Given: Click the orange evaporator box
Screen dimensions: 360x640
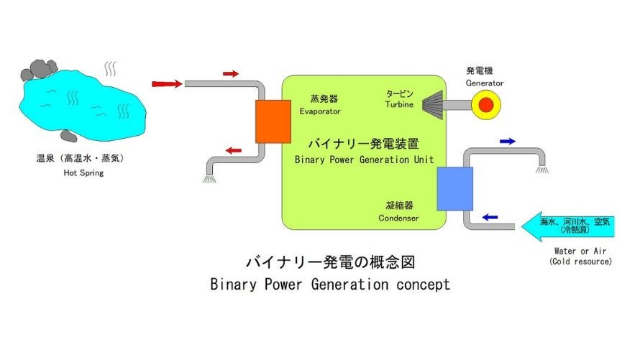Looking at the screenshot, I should [273, 121].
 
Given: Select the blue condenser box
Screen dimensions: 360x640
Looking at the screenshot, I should [454, 188].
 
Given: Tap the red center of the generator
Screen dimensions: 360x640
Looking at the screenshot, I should [487, 106].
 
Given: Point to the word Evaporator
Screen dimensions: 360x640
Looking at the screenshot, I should [320, 112].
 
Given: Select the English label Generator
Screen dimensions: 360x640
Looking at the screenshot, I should [485, 83].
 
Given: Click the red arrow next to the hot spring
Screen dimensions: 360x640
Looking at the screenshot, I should [167, 84].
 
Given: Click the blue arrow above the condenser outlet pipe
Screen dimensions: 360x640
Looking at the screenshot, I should [508, 142].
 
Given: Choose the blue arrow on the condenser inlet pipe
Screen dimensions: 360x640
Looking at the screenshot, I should [490, 216].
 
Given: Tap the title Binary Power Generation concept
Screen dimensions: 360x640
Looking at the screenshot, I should [330, 284].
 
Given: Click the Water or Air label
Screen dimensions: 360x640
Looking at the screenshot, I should [581, 251].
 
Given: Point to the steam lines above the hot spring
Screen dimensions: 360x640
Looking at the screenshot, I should [111, 69].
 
